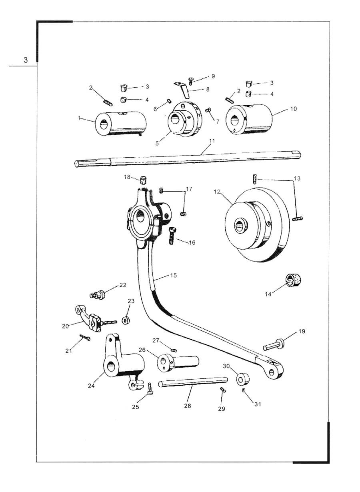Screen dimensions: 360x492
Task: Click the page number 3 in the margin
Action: click(x=26, y=60)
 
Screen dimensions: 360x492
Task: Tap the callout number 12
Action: click(x=217, y=192)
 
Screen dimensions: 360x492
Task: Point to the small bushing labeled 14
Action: click(x=293, y=280)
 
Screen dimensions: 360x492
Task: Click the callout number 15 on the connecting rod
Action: click(x=173, y=276)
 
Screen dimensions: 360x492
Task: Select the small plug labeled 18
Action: click(x=143, y=180)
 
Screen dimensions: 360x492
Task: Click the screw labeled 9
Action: click(x=191, y=81)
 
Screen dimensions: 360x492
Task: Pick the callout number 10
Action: click(x=294, y=109)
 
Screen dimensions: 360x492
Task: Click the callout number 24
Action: click(x=91, y=386)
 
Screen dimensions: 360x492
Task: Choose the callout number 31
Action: click(x=258, y=404)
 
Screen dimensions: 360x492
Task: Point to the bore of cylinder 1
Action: click(x=103, y=124)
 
